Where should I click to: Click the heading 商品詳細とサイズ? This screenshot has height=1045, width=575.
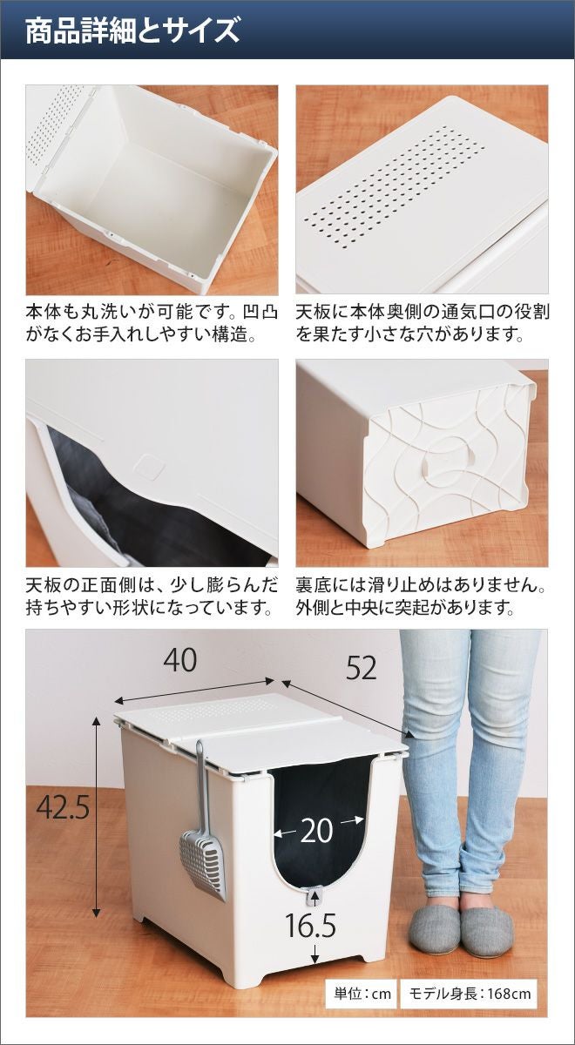132,30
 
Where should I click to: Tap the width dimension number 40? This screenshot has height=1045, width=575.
180,660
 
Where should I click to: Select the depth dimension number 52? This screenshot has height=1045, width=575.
361,669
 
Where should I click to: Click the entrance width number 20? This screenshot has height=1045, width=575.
317,831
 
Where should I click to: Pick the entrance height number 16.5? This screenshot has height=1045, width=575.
310,913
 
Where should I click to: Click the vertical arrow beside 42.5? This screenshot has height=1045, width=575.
97,793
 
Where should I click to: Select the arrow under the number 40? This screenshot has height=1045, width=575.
194,691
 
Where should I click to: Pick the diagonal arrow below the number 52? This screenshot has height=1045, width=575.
348,709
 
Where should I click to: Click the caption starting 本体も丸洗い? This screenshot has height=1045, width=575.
152,323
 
